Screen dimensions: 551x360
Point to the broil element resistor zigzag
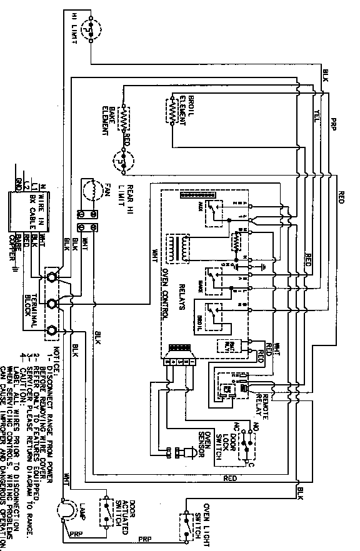[170, 111]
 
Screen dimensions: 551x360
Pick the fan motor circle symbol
[92, 189]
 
